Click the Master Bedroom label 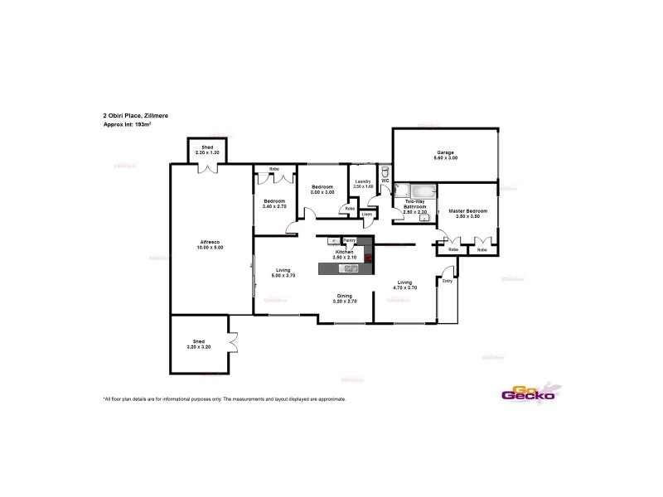[467, 211]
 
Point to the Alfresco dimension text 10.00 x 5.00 [211, 248]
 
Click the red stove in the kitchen [368, 257]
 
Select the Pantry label [350, 240]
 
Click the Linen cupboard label [365, 215]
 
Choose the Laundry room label [362, 181]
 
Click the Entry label [447, 281]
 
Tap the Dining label [344, 296]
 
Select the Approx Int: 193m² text [127, 123]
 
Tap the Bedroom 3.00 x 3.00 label [322, 188]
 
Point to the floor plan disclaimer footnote [224, 398]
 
